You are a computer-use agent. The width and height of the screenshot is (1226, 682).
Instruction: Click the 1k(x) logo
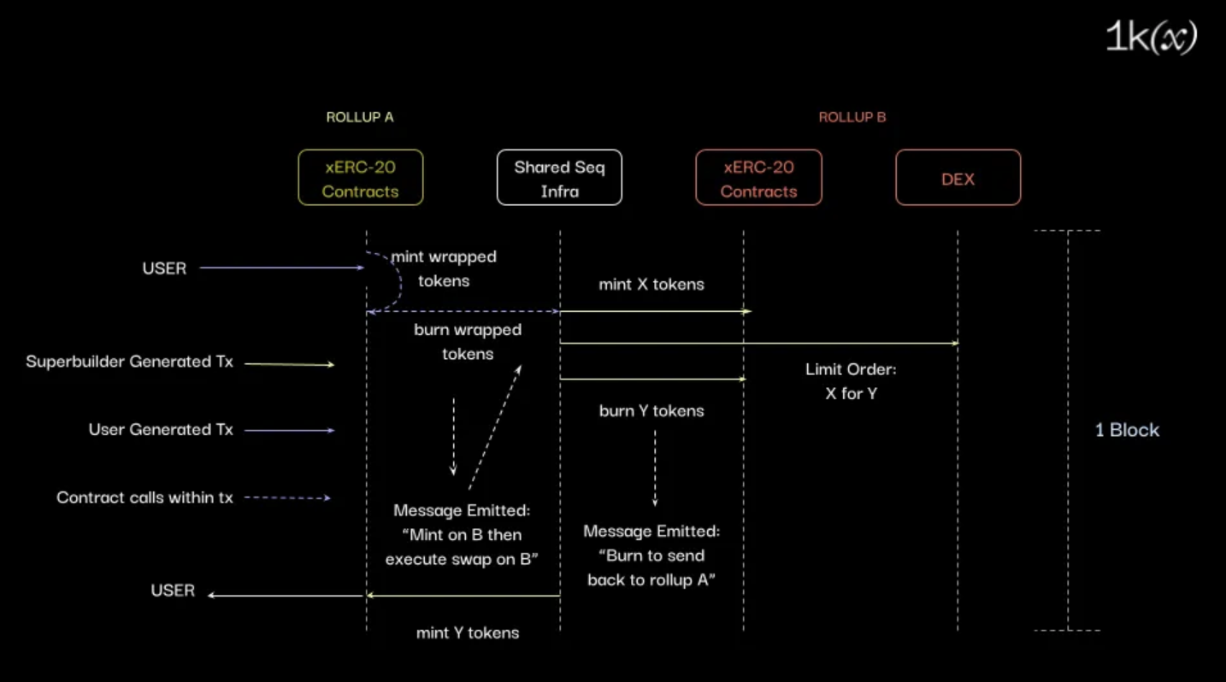pos(1151,38)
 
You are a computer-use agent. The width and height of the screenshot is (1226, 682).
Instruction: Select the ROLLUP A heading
pos(360,117)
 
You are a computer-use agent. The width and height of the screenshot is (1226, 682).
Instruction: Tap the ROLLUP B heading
pos(852,117)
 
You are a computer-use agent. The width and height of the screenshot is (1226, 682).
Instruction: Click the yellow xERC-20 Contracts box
pos(360,179)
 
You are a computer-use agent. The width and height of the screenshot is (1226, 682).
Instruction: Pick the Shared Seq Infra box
pos(559,179)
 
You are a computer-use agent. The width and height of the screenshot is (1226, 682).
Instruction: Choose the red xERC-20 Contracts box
pos(758,179)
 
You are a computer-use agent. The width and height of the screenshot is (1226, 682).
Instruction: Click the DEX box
pos(958,179)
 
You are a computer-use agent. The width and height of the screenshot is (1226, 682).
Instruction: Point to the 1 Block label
pos(1127,430)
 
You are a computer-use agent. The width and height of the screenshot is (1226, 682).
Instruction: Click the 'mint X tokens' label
pos(651,285)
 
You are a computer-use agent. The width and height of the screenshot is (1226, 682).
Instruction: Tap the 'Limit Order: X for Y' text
pos(851,382)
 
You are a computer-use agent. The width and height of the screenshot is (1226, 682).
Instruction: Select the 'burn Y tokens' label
pos(651,411)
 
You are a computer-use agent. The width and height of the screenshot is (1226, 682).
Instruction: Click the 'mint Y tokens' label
pos(468,633)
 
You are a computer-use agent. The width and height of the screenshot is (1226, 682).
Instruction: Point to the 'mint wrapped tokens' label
pos(444,268)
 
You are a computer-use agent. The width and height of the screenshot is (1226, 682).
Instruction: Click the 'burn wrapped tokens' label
pos(468,342)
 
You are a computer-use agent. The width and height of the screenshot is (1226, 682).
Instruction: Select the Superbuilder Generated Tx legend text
pos(129,362)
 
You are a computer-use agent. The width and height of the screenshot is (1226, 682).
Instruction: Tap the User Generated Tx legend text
pos(161,430)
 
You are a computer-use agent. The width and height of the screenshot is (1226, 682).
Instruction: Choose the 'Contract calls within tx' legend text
pos(144,497)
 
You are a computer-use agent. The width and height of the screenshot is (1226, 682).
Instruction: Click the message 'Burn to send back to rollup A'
pos(651,567)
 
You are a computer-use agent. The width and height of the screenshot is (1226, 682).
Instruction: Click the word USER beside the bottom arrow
pos(173,591)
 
